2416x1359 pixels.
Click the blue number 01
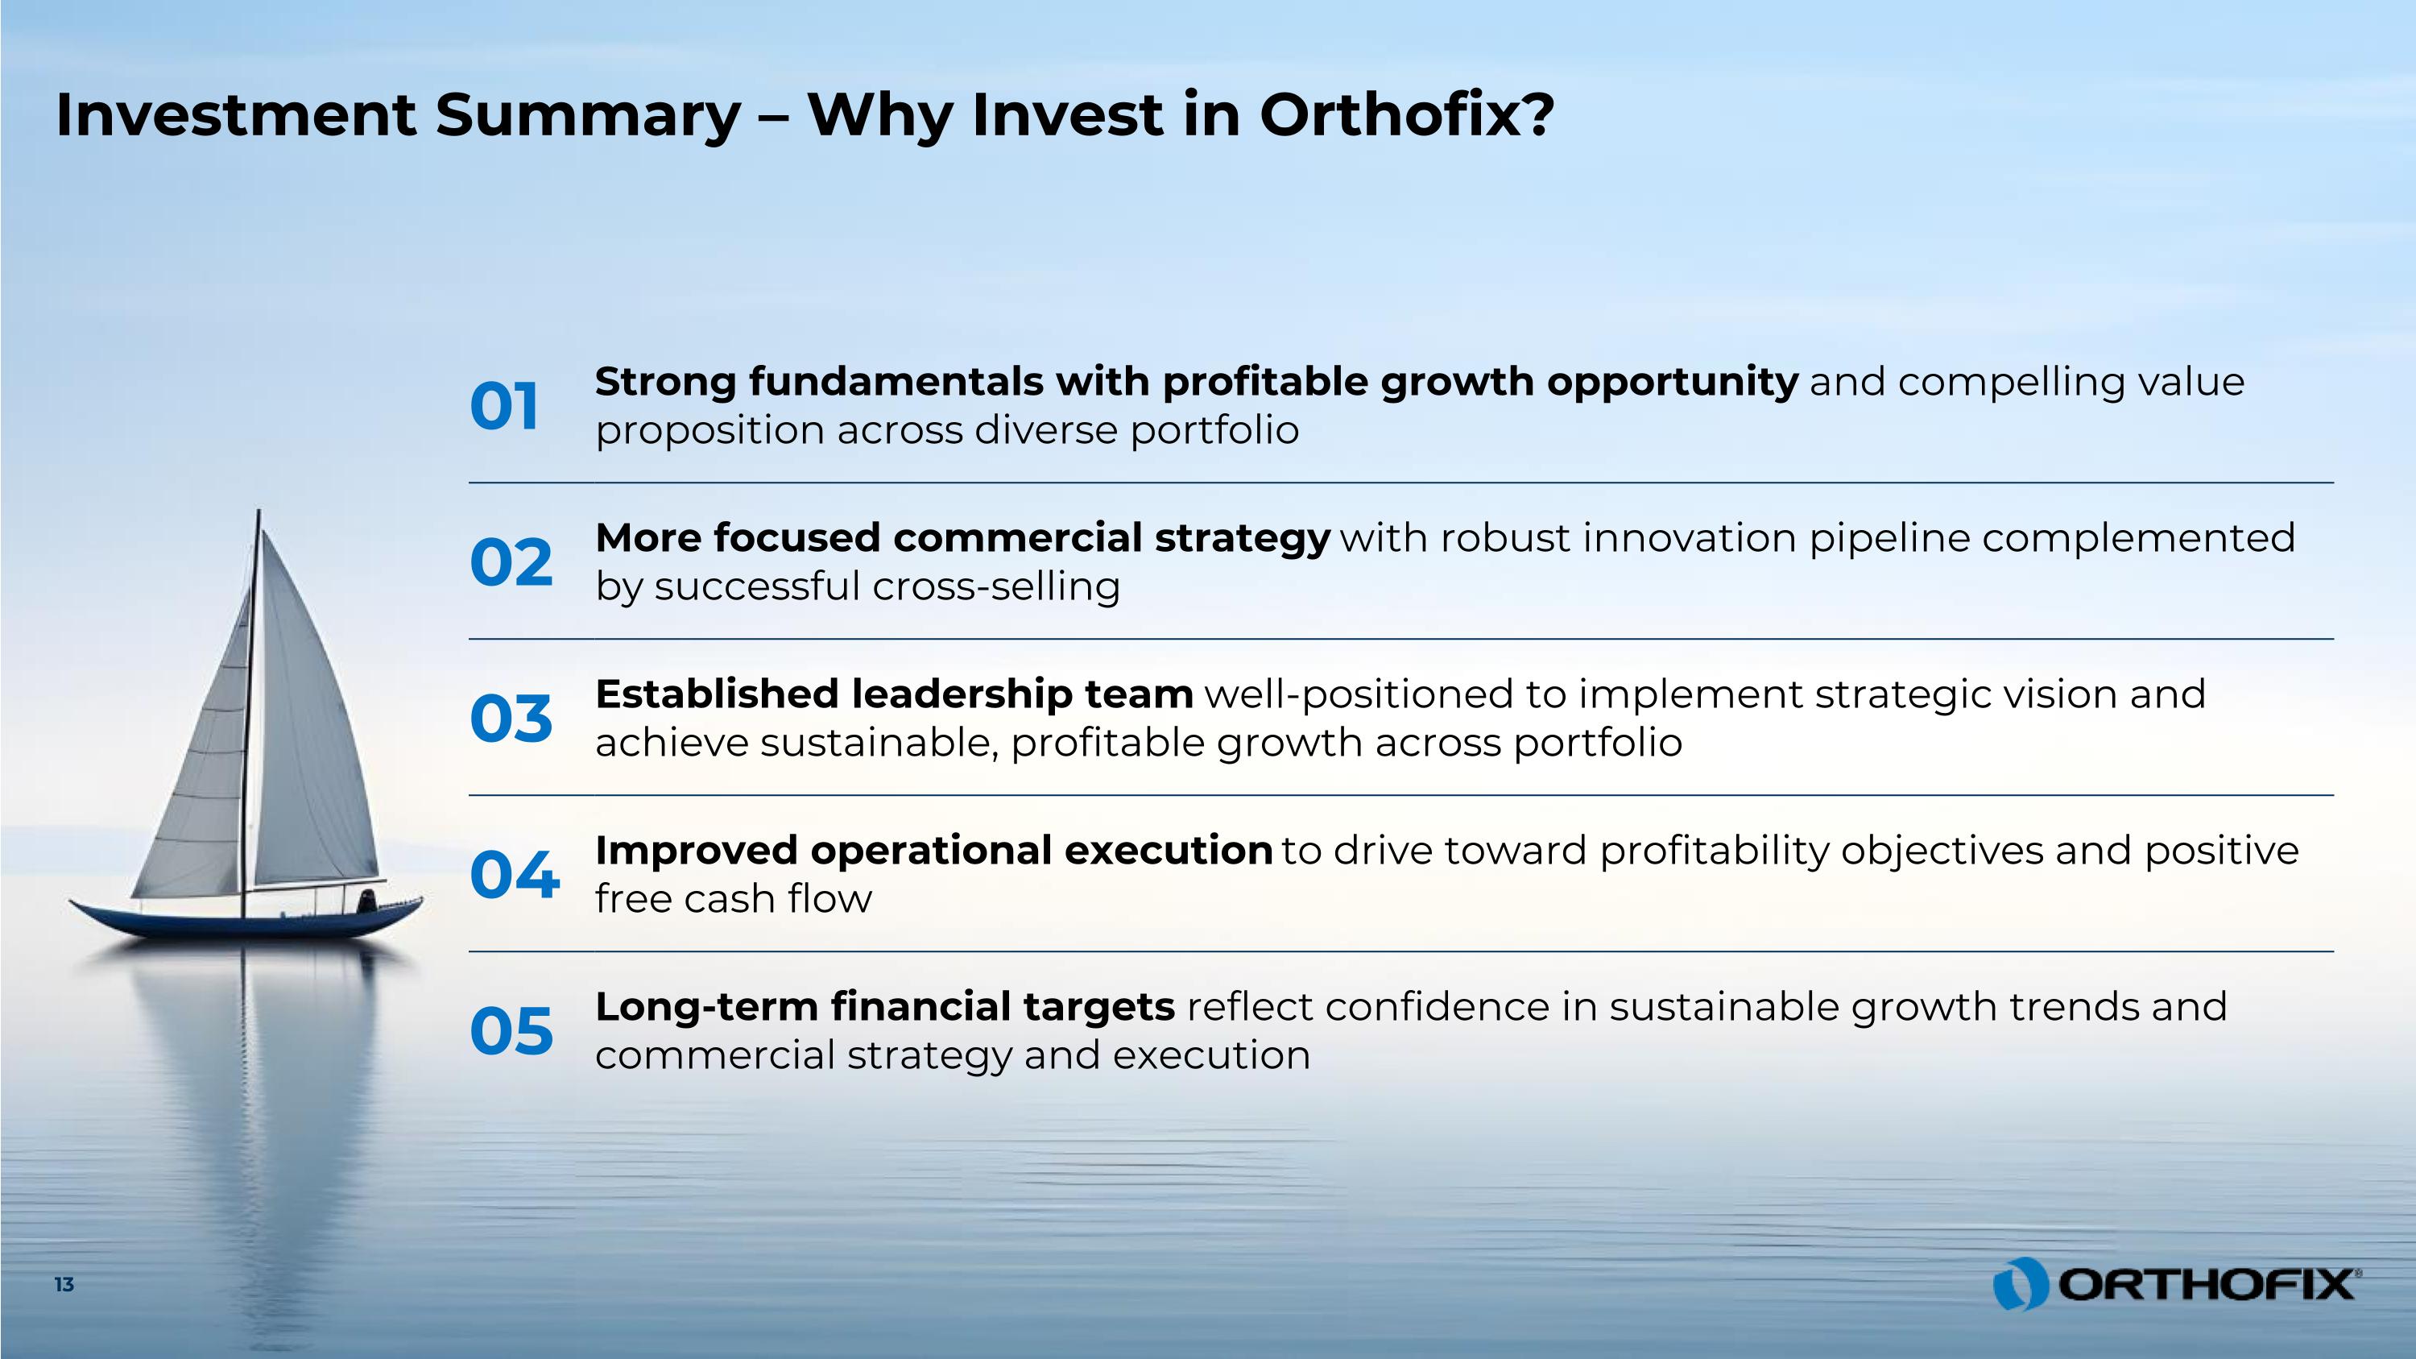(505, 407)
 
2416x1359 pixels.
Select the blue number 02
(511, 563)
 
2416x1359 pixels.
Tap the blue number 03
(511, 719)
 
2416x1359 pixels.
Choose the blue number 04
(515, 875)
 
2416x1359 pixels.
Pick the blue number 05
(511, 1031)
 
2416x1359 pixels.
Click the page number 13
(64, 1285)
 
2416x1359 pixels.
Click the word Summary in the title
(588, 116)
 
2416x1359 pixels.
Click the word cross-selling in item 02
(996, 587)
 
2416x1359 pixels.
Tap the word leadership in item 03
(962, 695)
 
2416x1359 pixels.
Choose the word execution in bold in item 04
(1169, 851)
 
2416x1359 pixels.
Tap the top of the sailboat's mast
(258, 512)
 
